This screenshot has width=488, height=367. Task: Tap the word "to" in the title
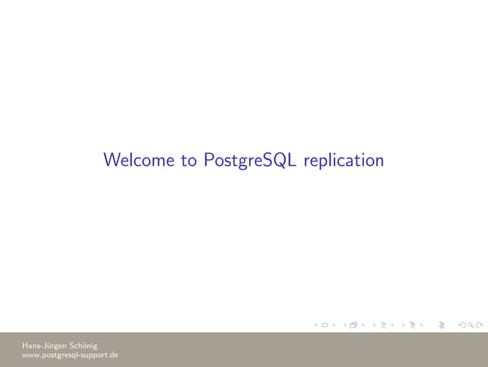tap(189, 161)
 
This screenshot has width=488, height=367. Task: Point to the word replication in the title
tap(343, 161)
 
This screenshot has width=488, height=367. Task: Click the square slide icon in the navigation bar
tap(325, 326)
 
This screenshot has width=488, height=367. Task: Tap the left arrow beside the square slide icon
tap(316, 326)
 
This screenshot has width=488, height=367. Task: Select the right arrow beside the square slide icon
tap(334, 326)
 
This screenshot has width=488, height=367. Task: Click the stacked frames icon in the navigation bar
tap(353, 326)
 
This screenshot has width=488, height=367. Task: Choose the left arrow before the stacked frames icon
tap(344, 326)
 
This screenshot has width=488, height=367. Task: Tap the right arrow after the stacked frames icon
tap(363, 326)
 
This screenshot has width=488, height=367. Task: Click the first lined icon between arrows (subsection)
tap(382, 326)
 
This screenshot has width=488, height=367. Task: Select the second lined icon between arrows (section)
tap(412, 326)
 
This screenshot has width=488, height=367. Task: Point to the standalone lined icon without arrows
tap(442, 326)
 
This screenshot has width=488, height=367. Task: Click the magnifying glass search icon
tap(470, 326)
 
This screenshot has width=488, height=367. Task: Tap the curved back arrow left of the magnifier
tap(461, 326)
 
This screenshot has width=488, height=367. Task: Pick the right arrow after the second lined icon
tap(421, 326)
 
